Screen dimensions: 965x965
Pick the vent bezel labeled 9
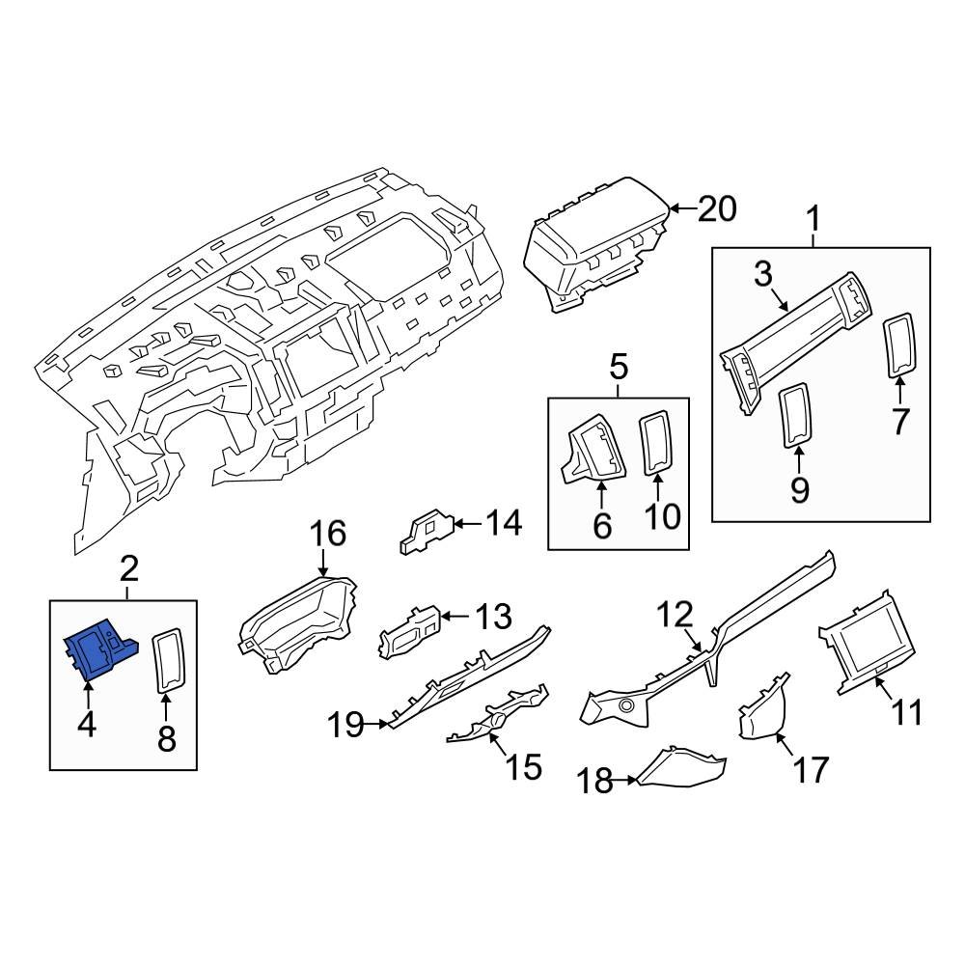(796, 415)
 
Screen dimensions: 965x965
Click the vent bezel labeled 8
(168, 661)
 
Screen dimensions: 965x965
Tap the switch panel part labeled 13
(409, 632)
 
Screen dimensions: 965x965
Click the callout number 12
(676, 614)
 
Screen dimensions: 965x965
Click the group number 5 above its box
(619, 367)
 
